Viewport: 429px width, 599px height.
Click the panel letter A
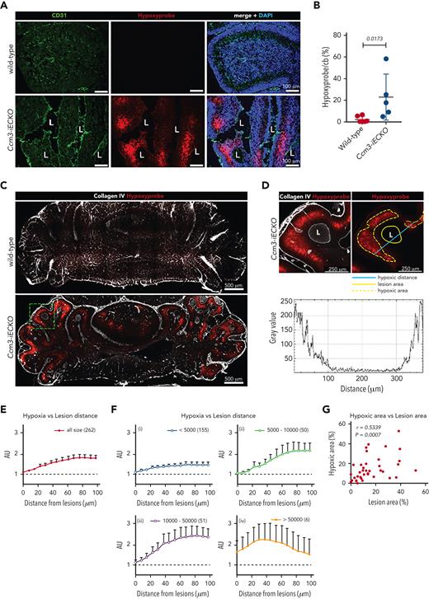click(5, 6)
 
